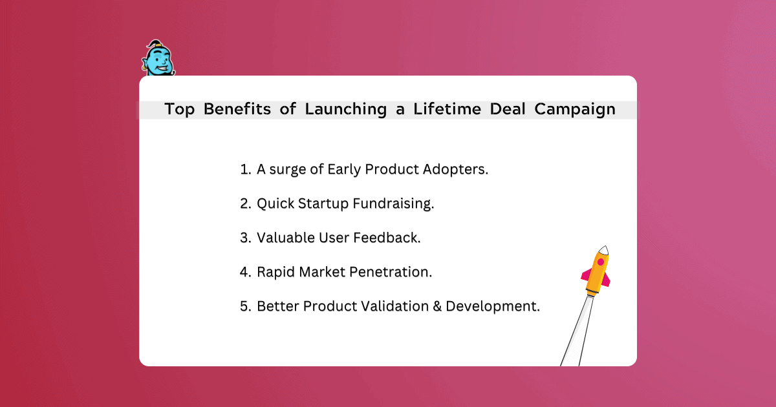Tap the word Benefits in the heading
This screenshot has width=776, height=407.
point(237,109)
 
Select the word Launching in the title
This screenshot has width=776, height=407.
point(346,109)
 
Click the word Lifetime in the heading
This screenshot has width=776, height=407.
point(447,109)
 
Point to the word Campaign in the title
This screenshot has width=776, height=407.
point(575,110)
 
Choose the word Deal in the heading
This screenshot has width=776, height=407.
point(508,109)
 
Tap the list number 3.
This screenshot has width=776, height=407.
point(245,238)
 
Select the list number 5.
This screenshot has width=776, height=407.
point(245,306)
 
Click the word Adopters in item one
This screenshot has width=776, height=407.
point(455,169)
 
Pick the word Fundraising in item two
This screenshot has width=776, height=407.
point(393,204)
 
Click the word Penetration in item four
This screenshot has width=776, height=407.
point(391,272)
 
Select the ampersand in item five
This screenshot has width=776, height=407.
point(437,306)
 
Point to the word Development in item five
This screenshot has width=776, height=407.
point(493,307)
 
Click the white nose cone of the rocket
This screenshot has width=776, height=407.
point(604,250)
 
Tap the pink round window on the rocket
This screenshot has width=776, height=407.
point(601,262)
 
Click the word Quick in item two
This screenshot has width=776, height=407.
point(275,203)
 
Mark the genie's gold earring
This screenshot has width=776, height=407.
point(144,68)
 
